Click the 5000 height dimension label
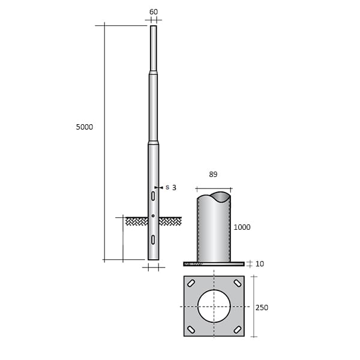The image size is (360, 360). (x=85, y=127)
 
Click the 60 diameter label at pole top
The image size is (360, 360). (x=154, y=11)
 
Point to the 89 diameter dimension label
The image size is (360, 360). (x=213, y=175)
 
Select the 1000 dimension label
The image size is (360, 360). (x=242, y=227)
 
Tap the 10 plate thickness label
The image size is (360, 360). (x=259, y=263)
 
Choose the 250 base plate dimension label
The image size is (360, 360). (x=262, y=307)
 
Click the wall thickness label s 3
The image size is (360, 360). (x=170, y=188)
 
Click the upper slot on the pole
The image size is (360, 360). (x=154, y=196)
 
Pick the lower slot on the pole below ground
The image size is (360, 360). (x=154, y=240)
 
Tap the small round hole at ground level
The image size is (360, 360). (x=154, y=215)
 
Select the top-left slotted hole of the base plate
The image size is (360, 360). (x=191, y=283)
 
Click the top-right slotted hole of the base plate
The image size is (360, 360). (x=238, y=283)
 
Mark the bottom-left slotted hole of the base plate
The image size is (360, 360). (x=191, y=329)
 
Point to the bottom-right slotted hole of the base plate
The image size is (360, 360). (x=238, y=329)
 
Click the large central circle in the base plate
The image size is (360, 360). (x=214, y=306)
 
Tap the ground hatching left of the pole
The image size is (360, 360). (x=137, y=221)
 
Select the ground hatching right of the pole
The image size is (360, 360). (x=170, y=221)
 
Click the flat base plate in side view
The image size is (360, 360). (x=214, y=263)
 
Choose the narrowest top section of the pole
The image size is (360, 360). (x=154, y=48)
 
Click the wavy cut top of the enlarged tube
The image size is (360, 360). (x=214, y=197)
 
